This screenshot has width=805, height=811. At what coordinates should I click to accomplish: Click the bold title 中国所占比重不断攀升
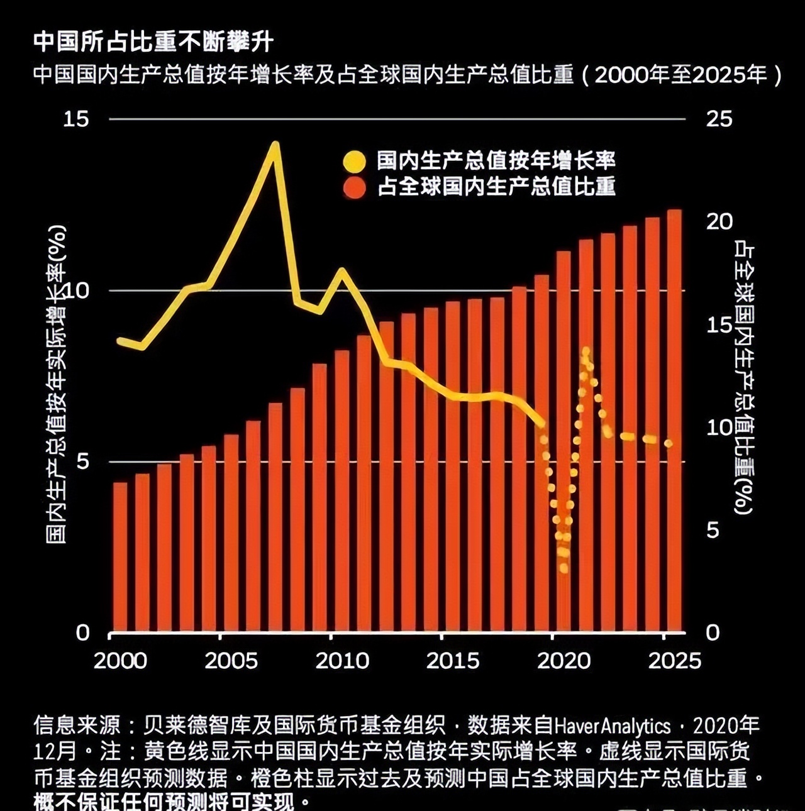click(x=153, y=41)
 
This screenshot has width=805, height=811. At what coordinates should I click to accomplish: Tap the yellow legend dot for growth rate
click(x=354, y=161)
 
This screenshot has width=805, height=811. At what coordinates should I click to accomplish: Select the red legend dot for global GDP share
click(x=354, y=187)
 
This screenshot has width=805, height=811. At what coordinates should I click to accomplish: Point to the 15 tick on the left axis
click(x=76, y=119)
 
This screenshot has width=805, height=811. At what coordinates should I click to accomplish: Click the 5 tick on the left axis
click(x=83, y=462)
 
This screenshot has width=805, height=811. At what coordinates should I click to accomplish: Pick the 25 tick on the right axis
click(x=718, y=119)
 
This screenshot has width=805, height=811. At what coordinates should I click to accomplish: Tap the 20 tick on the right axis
click(x=718, y=221)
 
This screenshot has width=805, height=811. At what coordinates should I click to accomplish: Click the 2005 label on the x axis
click(x=231, y=661)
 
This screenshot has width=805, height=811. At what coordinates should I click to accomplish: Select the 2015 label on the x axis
click(x=452, y=661)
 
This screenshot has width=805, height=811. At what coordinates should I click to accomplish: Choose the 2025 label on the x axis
click(x=674, y=661)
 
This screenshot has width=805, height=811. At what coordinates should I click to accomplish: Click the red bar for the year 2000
click(x=119, y=556)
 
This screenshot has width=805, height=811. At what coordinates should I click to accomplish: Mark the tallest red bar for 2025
click(x=674, y=421)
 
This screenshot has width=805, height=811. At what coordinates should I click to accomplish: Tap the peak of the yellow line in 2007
click(x=275, y=145)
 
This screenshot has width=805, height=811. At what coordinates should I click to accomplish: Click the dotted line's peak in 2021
click(x=586, y=350)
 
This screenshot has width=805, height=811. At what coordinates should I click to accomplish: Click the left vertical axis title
click(x=57, y=383)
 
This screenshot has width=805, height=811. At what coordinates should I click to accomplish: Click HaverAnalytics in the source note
click(x=612, y=727)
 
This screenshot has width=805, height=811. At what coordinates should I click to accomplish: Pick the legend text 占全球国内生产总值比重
click(x=496, y=187)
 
